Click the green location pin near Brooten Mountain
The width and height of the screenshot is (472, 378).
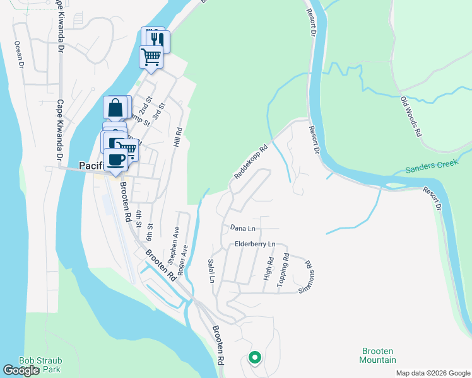point(255,357)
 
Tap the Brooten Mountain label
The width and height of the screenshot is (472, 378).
point(379,355)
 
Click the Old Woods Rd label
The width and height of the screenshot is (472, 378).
point(411,117)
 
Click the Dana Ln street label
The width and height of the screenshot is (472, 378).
point(243,228)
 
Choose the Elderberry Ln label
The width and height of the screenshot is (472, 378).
point(255,244)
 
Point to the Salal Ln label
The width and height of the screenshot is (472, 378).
point(211,270)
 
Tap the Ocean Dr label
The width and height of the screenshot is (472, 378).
point(19,55)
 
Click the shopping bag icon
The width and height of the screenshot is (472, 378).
point(117,108)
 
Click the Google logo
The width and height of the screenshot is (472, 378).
point(21,370)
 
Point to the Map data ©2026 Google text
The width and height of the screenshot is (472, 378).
point(432,373)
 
